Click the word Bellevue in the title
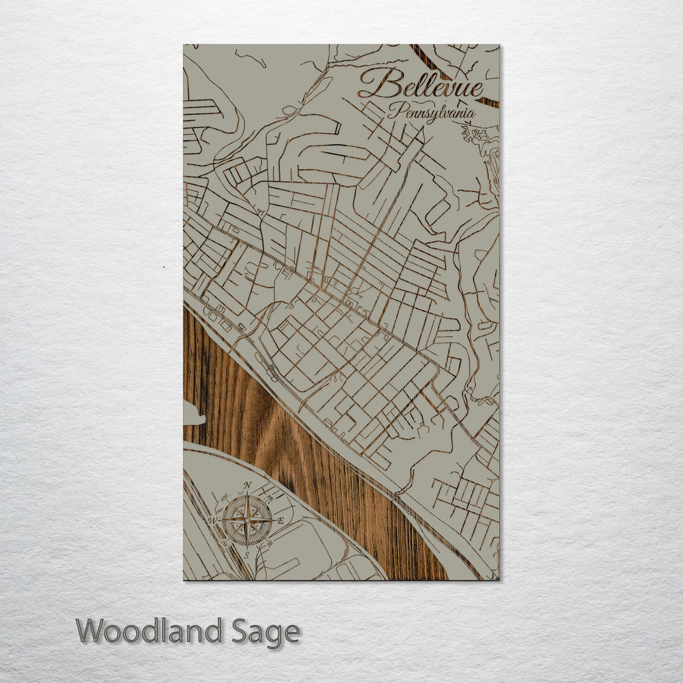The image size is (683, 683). coord(422,85)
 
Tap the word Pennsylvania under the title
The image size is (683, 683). coord(431,113)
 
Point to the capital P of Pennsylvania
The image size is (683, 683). coord(395,111)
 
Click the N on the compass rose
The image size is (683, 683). coord(247,486)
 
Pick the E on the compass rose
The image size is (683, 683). coord(280,520)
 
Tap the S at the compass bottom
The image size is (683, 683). coord(247,555)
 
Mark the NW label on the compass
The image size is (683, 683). coord(223,498)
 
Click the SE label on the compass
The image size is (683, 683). coord(270,543)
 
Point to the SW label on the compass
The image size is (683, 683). coord(224,543)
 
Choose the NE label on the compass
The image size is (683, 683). coord(270,498)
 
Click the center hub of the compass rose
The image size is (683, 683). coord(247,520)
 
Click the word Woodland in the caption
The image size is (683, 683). coord(149,631)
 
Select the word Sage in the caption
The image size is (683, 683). coord(265,632)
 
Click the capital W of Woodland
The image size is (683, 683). coord(89,631)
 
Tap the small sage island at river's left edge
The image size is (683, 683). coord(192,414)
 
